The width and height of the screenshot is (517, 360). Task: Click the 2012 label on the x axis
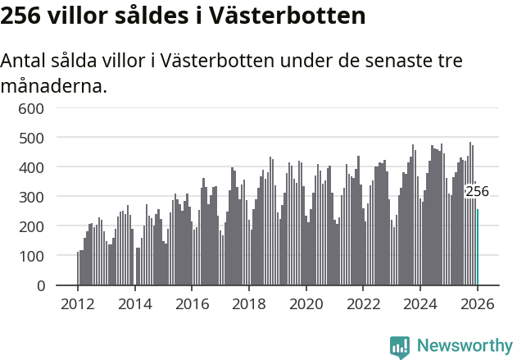pyautogui.click(x=78, y=303)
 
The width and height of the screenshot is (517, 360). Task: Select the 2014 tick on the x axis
pyautogui.click(x=135, y=303)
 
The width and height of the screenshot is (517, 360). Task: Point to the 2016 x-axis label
pyautogui.click(x=192, y=303)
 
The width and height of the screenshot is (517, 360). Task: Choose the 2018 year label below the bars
pyautogui.click(x=249, y=303)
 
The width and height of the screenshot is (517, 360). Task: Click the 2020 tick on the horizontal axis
pyautogui.click(x=306, y=303)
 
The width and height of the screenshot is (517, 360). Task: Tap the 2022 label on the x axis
pyautogui.click(x=363, y=303)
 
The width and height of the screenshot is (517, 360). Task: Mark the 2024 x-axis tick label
pyautogui.click(x=420, y=303)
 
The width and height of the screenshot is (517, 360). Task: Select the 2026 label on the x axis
pyautogui.click(x=478, y=303)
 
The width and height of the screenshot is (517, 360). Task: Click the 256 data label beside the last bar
pyautogui.click(x=477, y=192)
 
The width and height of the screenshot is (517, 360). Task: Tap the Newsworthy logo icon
pyautogui.click(x=400, y=347)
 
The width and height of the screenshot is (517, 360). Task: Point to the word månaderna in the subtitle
pyautogui.click(x=53, y=85)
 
